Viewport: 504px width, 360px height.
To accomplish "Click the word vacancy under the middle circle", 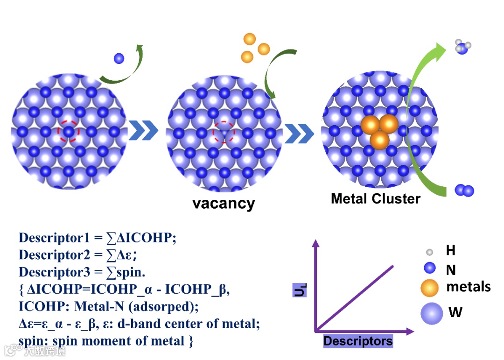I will coord(224,204).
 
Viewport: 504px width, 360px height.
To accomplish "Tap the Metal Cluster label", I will coord(375,198).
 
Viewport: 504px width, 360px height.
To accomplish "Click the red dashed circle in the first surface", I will coord(69,132).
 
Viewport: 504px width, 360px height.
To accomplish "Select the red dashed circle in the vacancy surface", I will coord(224,133).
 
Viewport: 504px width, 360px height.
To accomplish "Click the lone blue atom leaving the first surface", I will coord(119,58).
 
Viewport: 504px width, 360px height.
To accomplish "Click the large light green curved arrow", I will coord(413,117).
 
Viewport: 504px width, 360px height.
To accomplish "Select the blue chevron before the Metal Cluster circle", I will coord(299,133).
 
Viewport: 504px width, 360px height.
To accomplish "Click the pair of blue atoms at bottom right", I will coord(464,191).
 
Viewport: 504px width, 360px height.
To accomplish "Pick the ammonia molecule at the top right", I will coord(462,47).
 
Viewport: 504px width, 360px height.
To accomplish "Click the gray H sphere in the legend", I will coord(429,252).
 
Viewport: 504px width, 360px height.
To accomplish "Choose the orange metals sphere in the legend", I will coord(429,288).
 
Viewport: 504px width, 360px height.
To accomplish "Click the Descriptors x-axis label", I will coord(358,341).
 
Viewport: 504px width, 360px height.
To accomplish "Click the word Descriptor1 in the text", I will coord(54,238).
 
